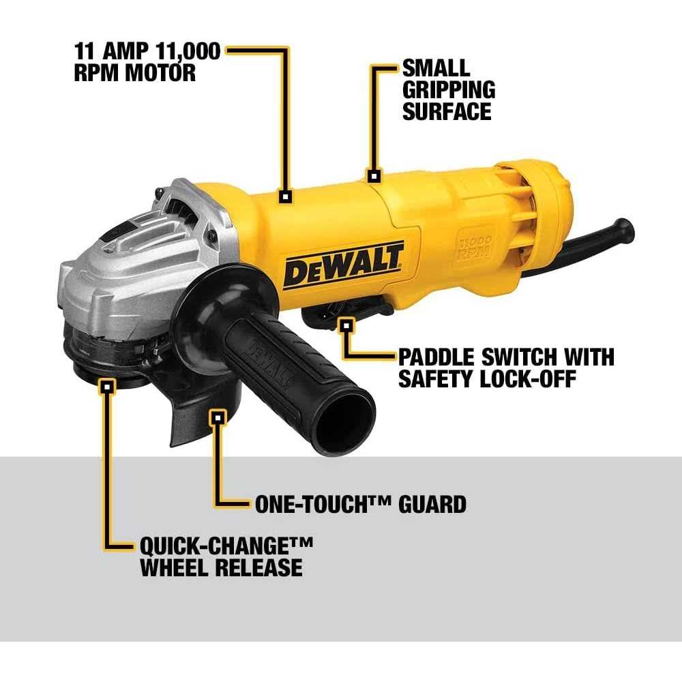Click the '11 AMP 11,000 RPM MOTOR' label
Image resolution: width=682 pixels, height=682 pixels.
[x=147, y=62]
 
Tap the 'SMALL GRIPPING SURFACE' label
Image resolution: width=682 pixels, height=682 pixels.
[x=448, y=89]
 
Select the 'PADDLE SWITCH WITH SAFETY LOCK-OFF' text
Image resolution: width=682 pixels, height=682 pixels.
[x=505, y=367]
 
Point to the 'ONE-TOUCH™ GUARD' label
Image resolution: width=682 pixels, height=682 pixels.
[x=360, y=504]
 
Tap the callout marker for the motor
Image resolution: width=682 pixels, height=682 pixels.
[x=286, y=196]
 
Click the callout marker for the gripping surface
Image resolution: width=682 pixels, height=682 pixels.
[x=373, y=175]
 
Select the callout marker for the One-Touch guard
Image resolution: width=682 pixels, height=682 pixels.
[x=218, y=417]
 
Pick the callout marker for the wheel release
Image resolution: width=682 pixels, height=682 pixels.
[x=106, y=387]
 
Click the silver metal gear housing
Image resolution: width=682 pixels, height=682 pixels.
[x=123, y=273]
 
